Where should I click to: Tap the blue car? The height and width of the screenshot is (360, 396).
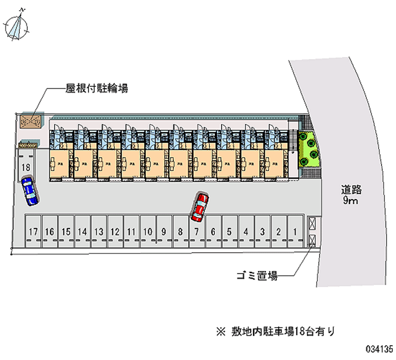pos(30,191)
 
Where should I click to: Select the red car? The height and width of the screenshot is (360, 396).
pos(200,207)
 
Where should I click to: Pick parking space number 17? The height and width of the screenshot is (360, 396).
pos(34,231)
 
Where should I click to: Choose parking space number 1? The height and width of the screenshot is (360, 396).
pos(295,231)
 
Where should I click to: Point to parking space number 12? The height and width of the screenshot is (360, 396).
pos(115,231)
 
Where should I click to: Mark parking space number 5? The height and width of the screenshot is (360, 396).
pos(229,231)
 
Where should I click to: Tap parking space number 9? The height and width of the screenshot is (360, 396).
pos(164,231)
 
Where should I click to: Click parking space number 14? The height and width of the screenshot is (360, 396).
pos(82,231)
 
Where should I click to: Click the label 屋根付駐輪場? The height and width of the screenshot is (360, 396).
pos(97,89)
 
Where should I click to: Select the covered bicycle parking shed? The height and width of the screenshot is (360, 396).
pos(31,120)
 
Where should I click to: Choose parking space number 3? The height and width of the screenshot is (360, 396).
pos(262,231)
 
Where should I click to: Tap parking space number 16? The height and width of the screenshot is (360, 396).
pos(49,231)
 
